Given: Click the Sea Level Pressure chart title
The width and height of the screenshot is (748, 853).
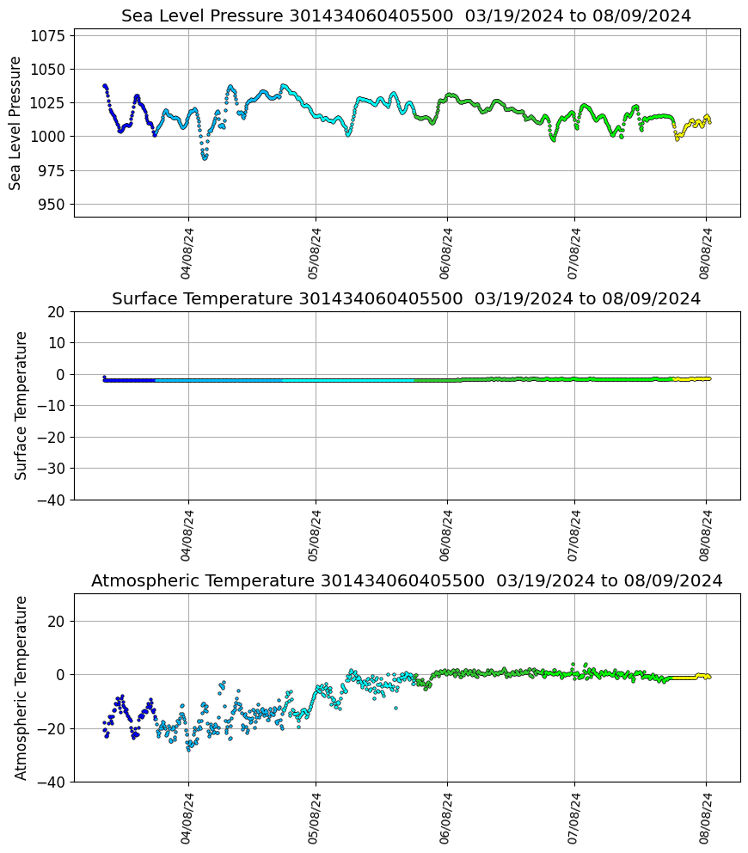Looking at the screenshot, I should click(x=406, y=16).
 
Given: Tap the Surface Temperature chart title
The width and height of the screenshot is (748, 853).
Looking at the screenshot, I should click(x=406, y=299).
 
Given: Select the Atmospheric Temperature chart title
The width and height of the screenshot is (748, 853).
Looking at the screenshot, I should click(x=406, y=581).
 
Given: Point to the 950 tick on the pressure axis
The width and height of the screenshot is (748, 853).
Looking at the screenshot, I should click(x=52, y=205).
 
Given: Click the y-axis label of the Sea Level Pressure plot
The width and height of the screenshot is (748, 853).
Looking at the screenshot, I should click(x=15, y=123).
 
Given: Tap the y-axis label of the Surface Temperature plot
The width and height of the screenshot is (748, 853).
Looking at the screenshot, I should click(x=21, y=405).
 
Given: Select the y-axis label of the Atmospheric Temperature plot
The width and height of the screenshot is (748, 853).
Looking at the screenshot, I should click(x=21, y=687).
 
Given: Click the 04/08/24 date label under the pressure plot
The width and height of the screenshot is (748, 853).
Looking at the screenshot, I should click(x=187, y=253).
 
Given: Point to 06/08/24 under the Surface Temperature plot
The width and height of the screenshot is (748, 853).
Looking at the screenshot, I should click(x=446, y=535).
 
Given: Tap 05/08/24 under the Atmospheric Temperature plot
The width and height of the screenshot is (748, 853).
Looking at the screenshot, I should click(x=315, y=818).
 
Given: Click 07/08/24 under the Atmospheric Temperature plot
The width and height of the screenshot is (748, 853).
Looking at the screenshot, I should click(x=574, y=818).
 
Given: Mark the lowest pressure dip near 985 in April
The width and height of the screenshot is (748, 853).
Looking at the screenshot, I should click(x=205, y=158).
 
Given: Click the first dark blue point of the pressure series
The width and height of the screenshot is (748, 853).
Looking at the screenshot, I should click(x=104, y=85).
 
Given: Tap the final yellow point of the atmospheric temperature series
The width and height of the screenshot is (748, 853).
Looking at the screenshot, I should click(x=708, y=677).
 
